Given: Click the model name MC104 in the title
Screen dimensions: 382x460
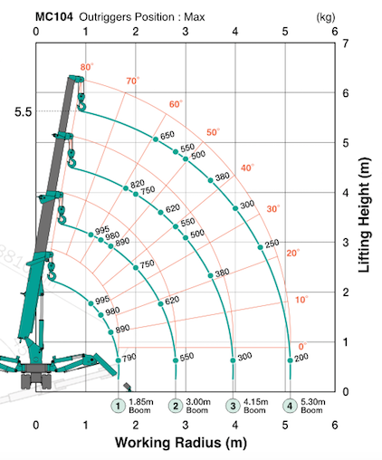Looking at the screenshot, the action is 54,17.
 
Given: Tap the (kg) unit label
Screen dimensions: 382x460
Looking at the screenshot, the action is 326,17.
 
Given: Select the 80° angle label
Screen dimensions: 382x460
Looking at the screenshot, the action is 87,67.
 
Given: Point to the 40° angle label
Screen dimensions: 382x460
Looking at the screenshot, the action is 247,168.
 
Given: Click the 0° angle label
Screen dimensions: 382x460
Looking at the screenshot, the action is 302,346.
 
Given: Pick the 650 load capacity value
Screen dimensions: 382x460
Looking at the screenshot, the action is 167,135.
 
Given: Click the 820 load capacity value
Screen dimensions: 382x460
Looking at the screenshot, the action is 138,184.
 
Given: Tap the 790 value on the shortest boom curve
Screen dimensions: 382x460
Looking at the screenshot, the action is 129,358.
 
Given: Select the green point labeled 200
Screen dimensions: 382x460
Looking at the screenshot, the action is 290,360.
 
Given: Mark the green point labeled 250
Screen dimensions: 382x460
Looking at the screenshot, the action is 261,247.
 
